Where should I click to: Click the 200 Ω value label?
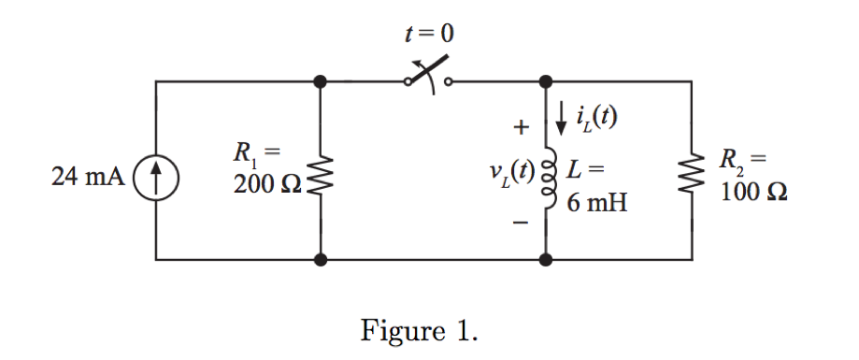coord(267,186)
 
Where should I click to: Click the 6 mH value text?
coord(595,200)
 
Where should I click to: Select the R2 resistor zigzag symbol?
coord(691,176)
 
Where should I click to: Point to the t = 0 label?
coord(426,34)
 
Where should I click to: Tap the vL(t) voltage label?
coord(509,174)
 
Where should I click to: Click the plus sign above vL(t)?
coord(522,125)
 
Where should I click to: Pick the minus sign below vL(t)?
coord(522,224)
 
